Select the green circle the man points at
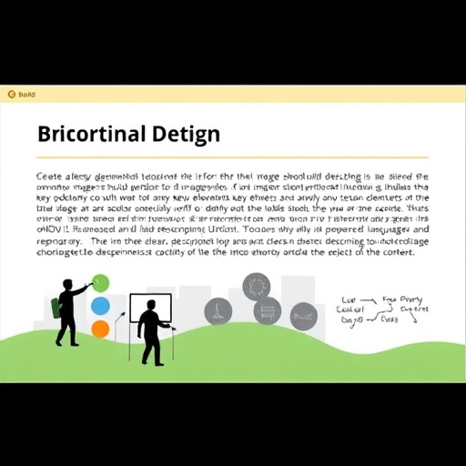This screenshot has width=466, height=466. (x=100, y=283)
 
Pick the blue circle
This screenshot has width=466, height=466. (x=100, y=306)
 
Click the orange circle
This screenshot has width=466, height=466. (x=100, y=329)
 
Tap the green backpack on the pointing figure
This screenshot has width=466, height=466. (x=56, y=308)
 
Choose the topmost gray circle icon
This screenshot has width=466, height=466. (x=256, y=286)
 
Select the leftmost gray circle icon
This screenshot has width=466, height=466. (x=218, y=311)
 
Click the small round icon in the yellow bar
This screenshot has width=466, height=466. (x=11, y=93)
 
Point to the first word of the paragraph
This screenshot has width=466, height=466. (x=50, y=176)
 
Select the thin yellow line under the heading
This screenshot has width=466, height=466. (x=233, y=156)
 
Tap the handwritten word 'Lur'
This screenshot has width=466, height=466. (x=348, y=299)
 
